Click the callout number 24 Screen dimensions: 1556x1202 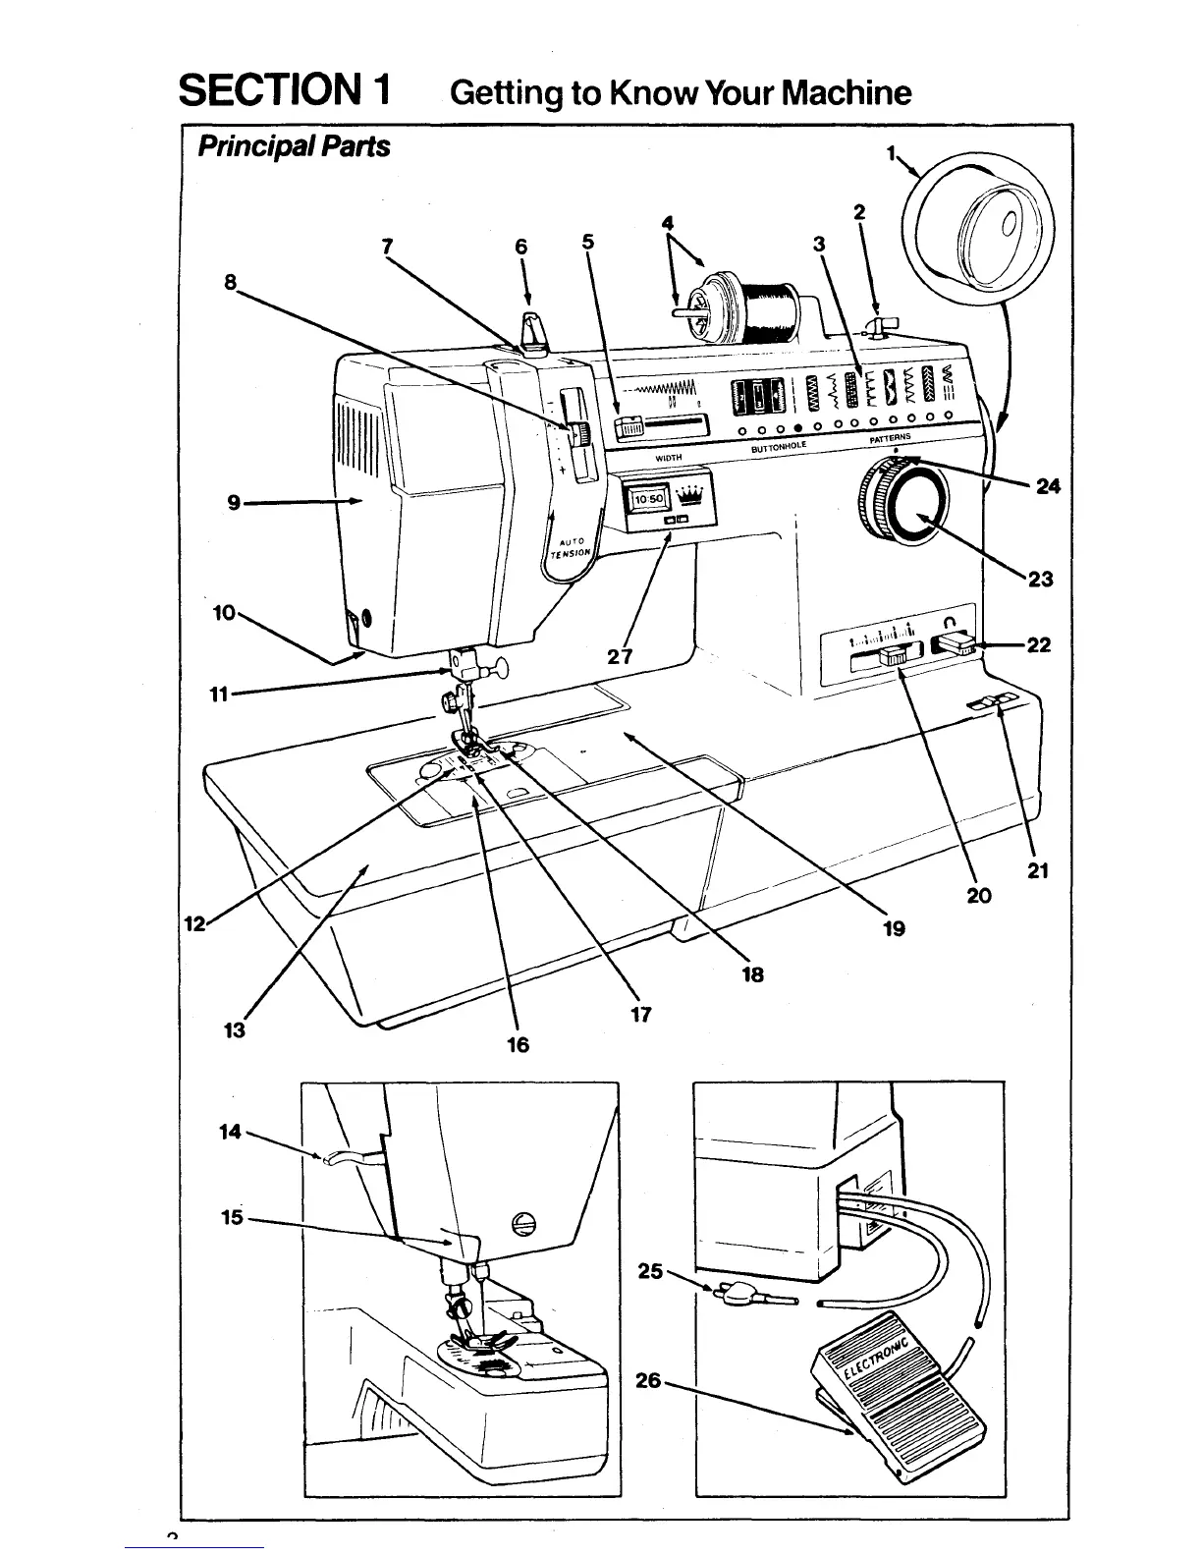(x=1048, y=485)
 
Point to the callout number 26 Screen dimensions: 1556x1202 (x=647, y=1380)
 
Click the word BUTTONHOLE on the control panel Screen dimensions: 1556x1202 (x=778, y=447)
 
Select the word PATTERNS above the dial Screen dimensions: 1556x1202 (x=890, y=437)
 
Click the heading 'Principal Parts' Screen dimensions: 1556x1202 (x=294, y=146)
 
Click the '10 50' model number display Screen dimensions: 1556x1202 (x=649, y=498)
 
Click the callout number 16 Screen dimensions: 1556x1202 (x=518, y=1045)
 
